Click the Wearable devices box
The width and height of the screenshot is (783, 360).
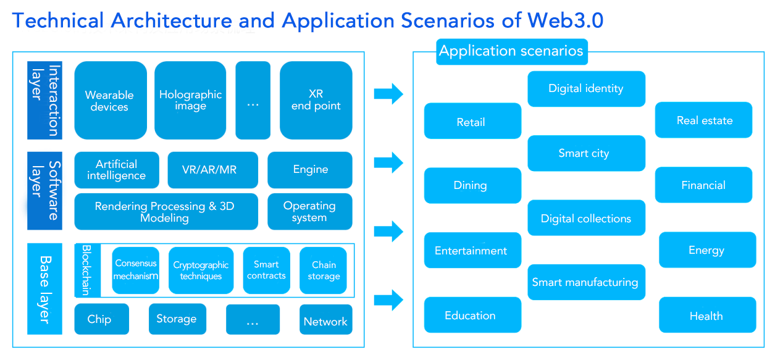click(110, 101)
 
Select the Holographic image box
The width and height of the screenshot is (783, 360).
click(190, 101)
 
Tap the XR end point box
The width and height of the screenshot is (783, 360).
click(316, 101)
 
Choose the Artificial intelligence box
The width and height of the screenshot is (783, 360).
click(117, 170)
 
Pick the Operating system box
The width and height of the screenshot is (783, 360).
click(309, 212)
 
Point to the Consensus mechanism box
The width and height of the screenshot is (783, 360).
click(136, 270)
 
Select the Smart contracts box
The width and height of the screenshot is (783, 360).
click(266, 270)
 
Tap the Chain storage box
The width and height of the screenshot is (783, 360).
click(324, 270)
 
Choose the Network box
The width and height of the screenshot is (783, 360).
click(325, 320)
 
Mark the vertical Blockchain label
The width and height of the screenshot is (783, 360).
click(86, 270)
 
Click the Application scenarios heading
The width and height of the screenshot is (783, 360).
click(511, 51)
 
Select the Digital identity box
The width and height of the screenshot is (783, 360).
click(586, 89)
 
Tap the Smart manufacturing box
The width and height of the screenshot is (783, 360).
click(585, 282)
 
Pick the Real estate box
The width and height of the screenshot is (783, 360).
click(704, 120)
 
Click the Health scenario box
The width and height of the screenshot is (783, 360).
click(707, 316)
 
